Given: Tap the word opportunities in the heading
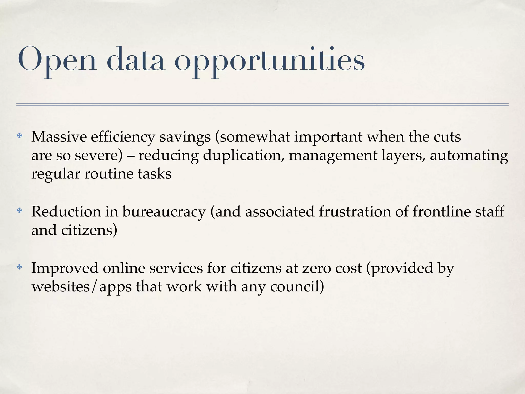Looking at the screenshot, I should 270,62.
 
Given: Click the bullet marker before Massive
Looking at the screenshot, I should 19,136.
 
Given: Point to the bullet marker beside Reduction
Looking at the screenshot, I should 19,211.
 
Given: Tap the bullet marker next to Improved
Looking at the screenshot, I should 19,267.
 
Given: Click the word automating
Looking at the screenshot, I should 469,156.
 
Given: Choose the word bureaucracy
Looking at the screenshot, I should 164,212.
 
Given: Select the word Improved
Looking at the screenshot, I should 65,268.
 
